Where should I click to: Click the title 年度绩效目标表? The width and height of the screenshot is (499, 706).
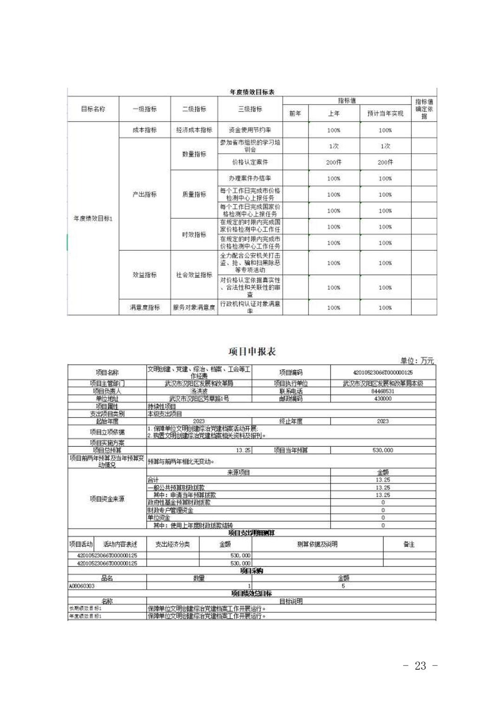coord(252,92)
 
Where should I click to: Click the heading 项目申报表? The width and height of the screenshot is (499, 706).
coord(252,352)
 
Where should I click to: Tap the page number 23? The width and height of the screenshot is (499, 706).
coord(420,666)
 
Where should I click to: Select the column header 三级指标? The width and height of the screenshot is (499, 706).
coord(250,109)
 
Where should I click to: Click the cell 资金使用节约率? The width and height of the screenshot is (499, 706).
coord(250,130)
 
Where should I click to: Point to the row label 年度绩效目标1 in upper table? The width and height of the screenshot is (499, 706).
coord(93,218)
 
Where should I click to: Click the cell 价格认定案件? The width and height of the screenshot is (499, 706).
coord(250,162)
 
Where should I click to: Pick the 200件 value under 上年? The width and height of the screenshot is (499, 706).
coord(334,162)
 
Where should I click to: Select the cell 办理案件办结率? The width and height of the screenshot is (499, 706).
coord(250,178)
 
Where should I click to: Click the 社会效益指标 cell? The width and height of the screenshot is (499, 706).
coord(194,275)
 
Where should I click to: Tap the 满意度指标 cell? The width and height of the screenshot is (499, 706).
coord(144,307)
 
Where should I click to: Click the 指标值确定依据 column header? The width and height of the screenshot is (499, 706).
coord(424,109)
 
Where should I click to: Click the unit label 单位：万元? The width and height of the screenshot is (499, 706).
coord(417,361)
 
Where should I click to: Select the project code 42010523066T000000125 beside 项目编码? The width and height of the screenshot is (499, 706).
coord(383,373)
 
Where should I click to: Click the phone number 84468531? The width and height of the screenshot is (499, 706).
coord(383,391)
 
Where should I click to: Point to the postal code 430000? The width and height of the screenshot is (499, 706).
coord(383,399)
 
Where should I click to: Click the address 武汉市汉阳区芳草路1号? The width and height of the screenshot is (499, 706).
coord(199,399)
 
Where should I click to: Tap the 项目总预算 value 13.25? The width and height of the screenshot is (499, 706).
coord(243,450)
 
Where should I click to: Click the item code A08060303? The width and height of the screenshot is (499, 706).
coord(82,586)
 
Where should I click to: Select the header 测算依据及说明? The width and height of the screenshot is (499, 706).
coord(317,544)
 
